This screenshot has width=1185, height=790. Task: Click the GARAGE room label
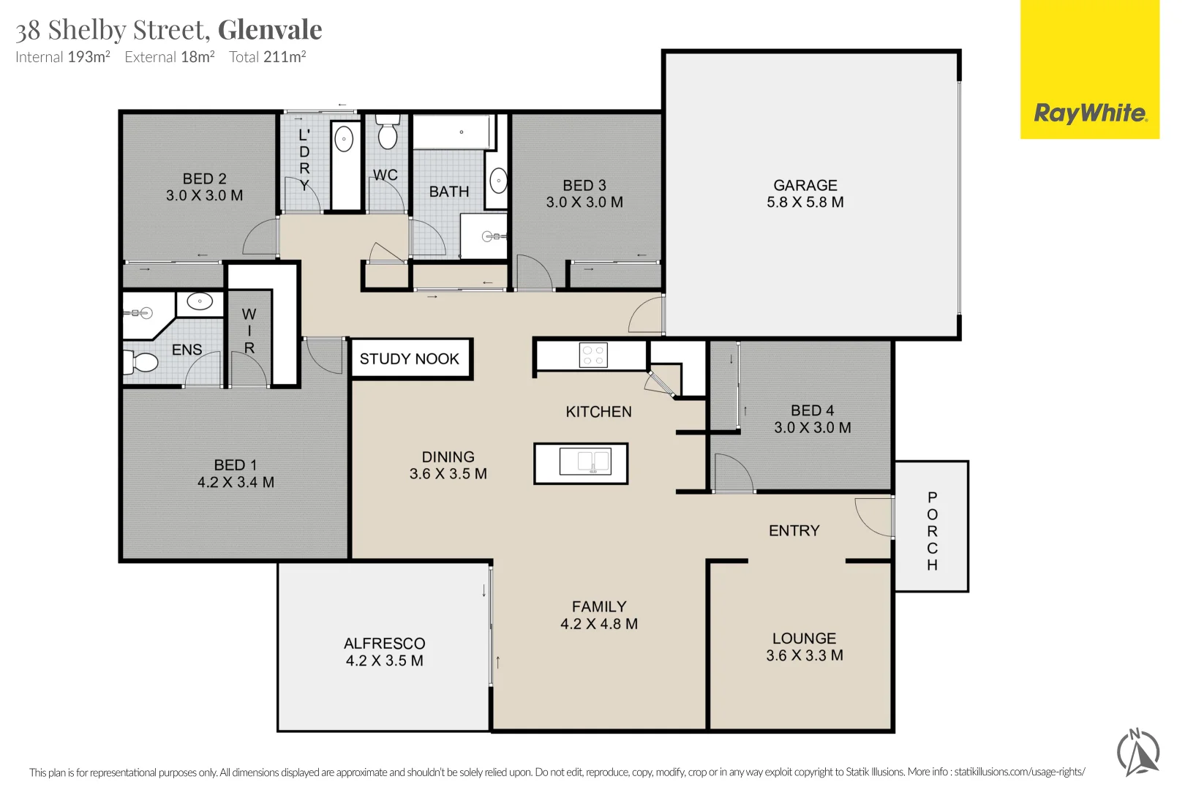coord(805,185)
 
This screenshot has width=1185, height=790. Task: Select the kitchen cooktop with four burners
coord(593,355)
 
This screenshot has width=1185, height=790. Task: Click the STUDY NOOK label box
coord(410,358)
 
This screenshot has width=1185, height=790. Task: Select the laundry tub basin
coord(345,139)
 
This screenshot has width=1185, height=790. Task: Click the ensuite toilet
coord(140,362)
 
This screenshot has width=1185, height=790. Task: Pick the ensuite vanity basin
coord(200,301)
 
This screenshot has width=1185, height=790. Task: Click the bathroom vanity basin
coord(498,181)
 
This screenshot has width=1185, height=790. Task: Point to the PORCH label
coord(932,531)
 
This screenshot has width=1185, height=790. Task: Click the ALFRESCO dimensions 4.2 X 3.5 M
coord(385,661)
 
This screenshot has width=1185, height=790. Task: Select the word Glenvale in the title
coord(270,29)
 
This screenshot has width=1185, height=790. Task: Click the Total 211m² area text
coord(268,56)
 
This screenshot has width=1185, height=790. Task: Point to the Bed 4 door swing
coord(733,473)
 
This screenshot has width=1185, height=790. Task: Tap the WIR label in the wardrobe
coord(249,331)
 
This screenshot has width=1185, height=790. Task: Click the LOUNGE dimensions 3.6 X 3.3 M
coord(805,655)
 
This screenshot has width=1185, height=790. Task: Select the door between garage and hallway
coord(647,315)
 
